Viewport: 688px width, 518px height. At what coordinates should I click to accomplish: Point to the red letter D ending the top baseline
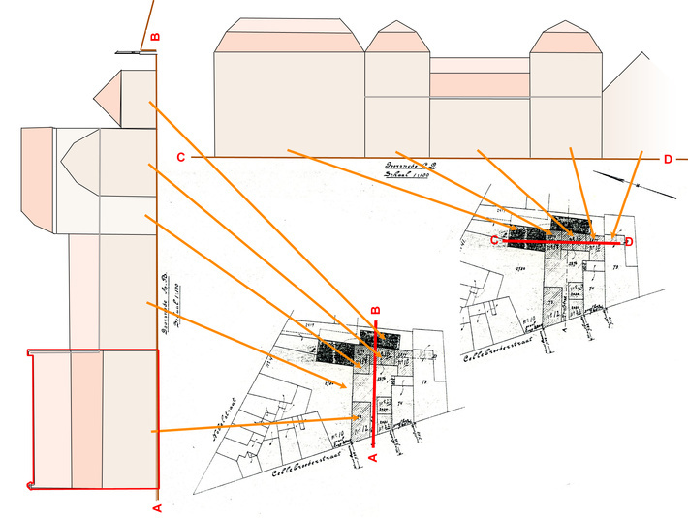[667, 159]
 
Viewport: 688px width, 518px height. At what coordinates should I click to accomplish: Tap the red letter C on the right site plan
[493, 239]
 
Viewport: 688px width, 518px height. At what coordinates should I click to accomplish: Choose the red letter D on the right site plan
[629, 241]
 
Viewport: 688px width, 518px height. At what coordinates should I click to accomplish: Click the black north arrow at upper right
[635, 185]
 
